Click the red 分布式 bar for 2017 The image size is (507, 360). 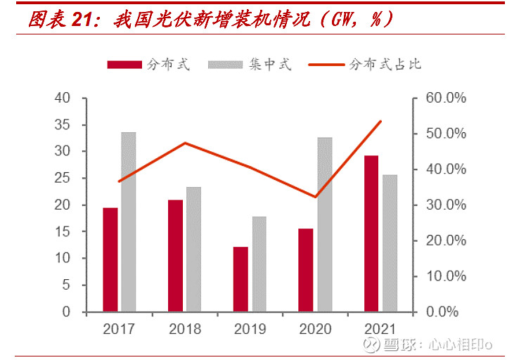point(110,259)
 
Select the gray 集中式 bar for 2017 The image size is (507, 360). point(128,221)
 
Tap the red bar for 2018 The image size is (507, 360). point(175,255)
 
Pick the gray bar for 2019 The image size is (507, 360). point(259,264)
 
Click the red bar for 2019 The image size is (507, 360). point(240,279)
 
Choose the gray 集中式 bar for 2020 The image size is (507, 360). point(325,224)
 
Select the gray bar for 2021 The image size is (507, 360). point(390,243)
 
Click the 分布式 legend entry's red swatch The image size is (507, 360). point(124,65)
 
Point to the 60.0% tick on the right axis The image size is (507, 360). point(446,98)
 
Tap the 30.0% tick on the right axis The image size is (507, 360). point(446,205)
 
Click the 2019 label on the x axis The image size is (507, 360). point(250,328)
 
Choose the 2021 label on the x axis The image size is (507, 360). point(380,328)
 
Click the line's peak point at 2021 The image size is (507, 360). point(380,122)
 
